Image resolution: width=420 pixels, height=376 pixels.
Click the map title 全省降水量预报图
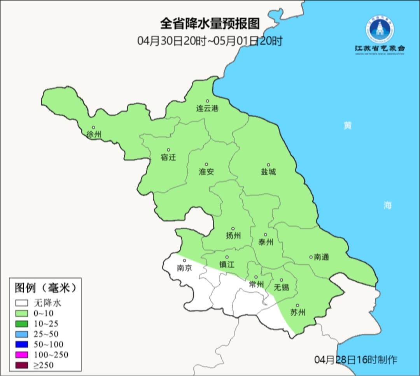(210, 24)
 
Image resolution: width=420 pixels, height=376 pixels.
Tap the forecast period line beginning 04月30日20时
(210, 41)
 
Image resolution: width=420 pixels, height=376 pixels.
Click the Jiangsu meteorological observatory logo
(380, 35)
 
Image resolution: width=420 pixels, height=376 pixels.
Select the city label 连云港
(207, 109)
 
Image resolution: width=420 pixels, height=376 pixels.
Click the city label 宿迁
(168, 157)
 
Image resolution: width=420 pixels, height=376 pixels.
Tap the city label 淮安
(206, 172)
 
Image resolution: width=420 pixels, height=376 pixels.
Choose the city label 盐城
(268, 172)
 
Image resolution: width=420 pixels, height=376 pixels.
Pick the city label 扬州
(233, 236)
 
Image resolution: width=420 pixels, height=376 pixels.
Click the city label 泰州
(266, 242)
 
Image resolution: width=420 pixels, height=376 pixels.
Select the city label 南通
(321, 257)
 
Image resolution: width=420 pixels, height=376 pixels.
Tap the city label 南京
(184, 268)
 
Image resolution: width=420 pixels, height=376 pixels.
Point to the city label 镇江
(227, 265)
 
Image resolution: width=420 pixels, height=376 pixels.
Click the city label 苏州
(298, 313)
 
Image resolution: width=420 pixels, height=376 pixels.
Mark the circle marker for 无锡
(282, 280)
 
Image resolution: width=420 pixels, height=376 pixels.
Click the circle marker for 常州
(256, 277)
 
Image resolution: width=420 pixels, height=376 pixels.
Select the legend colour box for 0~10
(22, 313)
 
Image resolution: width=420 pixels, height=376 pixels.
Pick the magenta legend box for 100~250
(22, 354)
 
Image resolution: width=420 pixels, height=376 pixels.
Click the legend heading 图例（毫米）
(44, 288)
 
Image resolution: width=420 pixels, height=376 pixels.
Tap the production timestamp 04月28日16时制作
(356, 360)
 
